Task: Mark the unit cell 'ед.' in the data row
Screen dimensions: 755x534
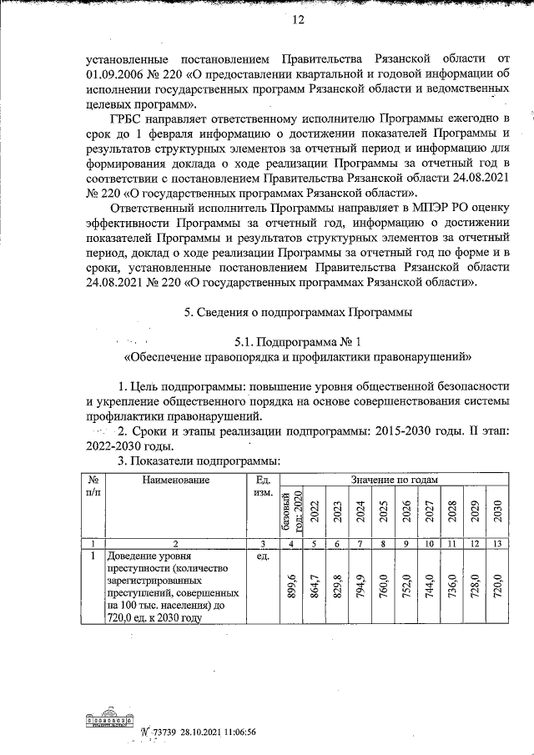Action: click(x=262, y=555)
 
